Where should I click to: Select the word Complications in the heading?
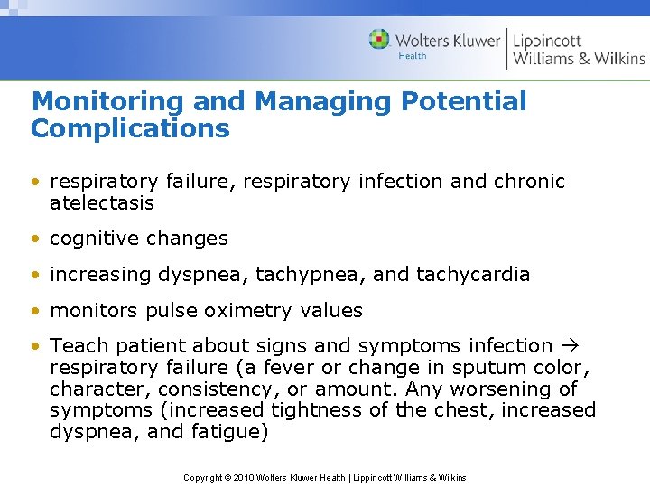coord(130,129)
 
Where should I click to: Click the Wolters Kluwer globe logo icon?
coord(379,40)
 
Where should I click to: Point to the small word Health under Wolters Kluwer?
coord(413,56)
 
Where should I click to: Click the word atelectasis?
coord(102,203)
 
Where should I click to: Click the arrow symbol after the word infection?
coord(571,346)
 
